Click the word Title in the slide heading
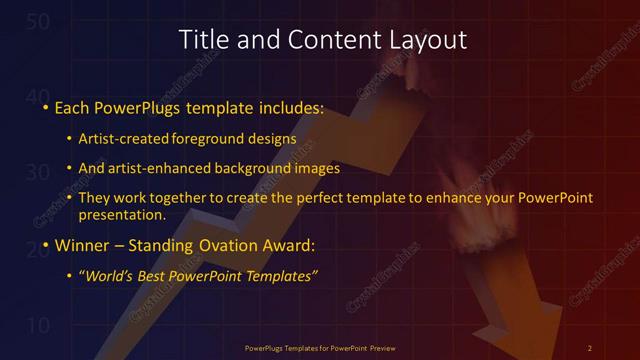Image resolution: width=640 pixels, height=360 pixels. tap(201, 40)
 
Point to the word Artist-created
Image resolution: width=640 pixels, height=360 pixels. tap(130, 138)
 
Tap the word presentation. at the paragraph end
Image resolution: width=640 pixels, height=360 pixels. tap(122, 214)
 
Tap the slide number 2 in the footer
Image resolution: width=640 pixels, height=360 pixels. tap(590, 348)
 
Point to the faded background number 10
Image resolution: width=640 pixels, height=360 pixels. tap(37, 325)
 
